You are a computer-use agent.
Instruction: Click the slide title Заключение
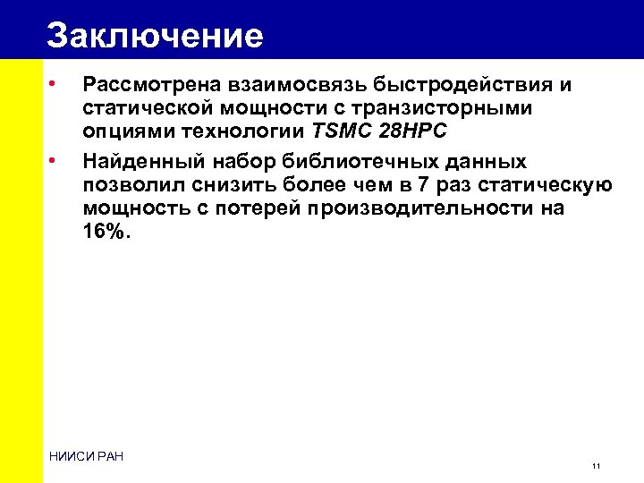point(155,35)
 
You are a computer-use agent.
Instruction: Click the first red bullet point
point(54,84)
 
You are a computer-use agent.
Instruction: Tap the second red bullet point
point(54,161)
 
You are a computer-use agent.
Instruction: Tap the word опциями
point(123,131)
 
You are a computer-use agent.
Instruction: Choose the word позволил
point(123,185)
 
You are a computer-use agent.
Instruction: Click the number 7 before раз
point(411,185)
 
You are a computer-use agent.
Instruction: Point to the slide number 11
point(596,467)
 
